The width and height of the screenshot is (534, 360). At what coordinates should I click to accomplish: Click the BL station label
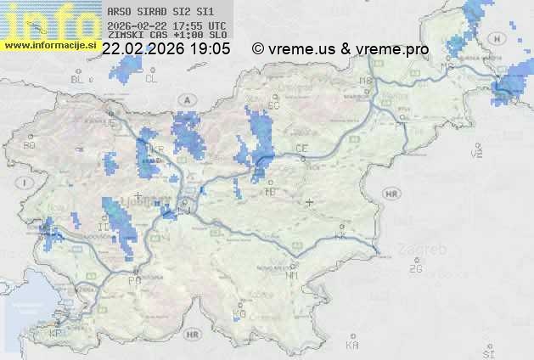pyautogui.click(x=78, y=79)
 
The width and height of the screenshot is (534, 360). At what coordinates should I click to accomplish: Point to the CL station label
pyautogui.click(x=151, y=79)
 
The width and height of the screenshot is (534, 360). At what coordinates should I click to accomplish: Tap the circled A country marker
pyautogui.click(x=186, y=99)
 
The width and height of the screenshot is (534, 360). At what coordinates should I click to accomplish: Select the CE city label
pyautogui.click(x=301, y=149)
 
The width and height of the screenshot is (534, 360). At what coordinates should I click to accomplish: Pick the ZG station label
pyautogui.click(x=415, y=269)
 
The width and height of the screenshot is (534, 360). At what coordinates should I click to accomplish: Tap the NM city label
pyautogui.click(x=293, y=275)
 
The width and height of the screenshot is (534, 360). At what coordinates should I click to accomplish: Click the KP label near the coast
pyautogui.click(x=56, y=335)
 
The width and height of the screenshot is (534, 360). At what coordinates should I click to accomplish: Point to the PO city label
pyautogui.click(x=133, y=279)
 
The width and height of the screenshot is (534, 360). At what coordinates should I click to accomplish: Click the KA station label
pyautogui.click(x=352, y=346)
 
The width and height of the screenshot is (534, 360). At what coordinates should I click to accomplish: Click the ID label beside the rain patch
pyautogui.click(x=104, y=228)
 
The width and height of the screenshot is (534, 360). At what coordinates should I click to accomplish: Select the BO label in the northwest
pyautogui.click(x=30, y=145)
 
